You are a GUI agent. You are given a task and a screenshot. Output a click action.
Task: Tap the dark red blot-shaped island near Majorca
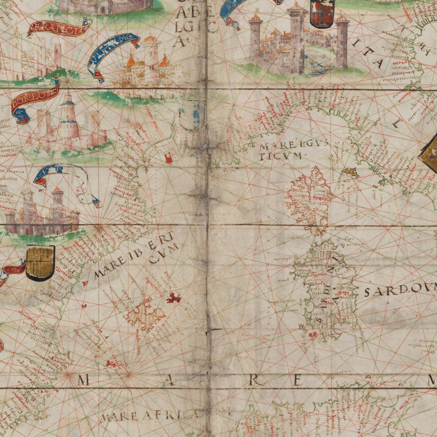point(174,298)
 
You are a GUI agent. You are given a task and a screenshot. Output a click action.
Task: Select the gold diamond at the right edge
point(430,151)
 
